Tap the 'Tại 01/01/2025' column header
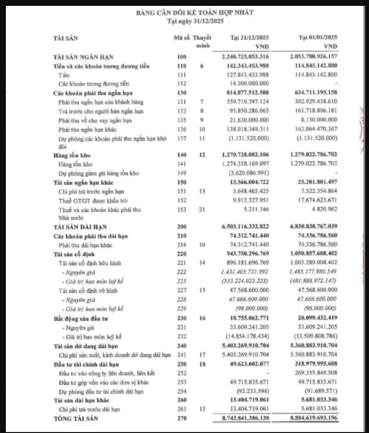click(x=318, y=38)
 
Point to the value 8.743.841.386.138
click(x=241, y=418)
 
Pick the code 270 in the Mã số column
click(x=182, y=418)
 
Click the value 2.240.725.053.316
click(x=241, y=57)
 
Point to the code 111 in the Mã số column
click(x=182, y=75)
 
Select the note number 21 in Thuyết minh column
click(x=201, y=209)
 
